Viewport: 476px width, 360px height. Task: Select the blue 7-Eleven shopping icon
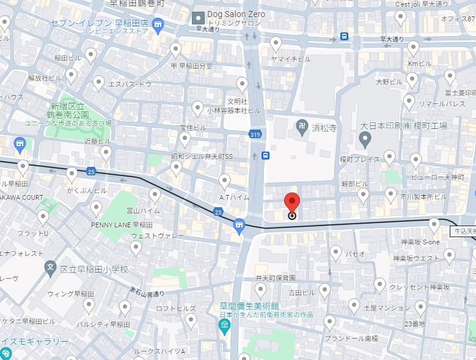pos(159,25)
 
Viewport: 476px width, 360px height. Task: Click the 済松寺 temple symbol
pos(301,128)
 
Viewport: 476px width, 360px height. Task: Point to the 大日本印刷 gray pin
pos(365,140)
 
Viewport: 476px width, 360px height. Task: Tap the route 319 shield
pos(255,134)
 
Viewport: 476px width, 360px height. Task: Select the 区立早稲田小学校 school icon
pos(51,268)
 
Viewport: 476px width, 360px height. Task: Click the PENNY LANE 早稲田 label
pos(117,224)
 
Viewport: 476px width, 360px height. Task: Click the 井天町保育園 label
pos(275,277)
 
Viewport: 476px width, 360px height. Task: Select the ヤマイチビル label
pos(291,59)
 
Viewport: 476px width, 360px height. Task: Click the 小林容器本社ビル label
pos(233,111)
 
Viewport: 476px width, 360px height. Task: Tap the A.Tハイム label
pos(234,197)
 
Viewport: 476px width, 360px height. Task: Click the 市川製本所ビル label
pos(423,197)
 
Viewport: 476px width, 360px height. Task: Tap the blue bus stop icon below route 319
pos(265,156)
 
